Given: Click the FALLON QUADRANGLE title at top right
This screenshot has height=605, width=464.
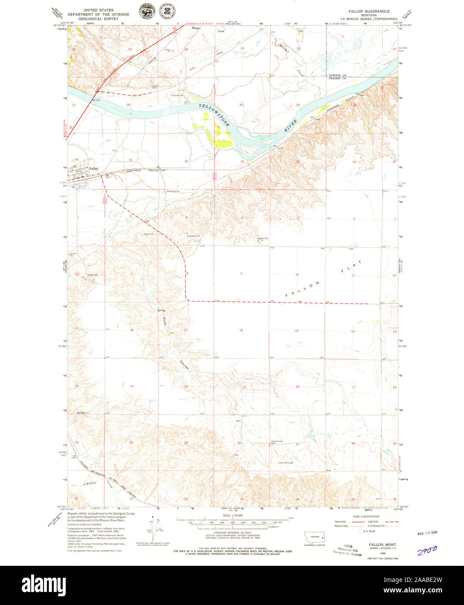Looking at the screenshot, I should (368, 11).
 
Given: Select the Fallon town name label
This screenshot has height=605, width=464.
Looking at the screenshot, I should (94, 168).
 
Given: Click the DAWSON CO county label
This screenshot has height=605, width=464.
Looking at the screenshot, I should (337, 75).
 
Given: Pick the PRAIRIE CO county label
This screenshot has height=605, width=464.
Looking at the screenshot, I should (337, 78).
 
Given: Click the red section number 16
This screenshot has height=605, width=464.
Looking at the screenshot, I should (241, 330).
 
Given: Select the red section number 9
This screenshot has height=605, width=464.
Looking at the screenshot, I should (241, 274).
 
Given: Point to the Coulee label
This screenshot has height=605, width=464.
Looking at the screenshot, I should (184, 365).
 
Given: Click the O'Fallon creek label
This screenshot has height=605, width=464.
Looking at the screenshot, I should (89, 484).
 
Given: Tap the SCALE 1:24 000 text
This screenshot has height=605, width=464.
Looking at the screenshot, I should (232, 515).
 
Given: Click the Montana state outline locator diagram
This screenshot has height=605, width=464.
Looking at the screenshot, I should (314, 537).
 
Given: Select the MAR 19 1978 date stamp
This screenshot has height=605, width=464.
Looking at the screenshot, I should (427, 534).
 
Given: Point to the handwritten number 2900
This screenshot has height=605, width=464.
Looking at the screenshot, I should (427, 551).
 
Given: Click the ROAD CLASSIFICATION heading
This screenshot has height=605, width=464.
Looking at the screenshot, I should (351, 516).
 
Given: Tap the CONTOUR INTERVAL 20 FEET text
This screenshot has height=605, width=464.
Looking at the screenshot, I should (232, 533).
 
